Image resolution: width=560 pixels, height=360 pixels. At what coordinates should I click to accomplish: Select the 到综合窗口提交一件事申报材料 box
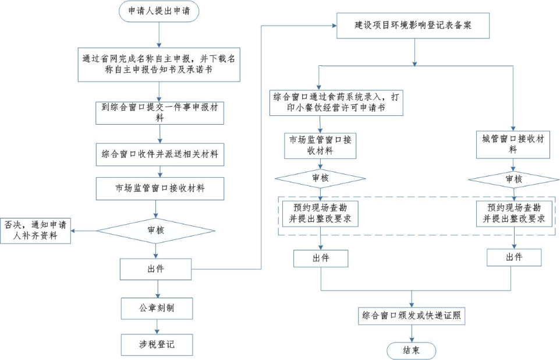pos(160,112)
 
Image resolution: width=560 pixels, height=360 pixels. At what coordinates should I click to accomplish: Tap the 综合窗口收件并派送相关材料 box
pos(160,154)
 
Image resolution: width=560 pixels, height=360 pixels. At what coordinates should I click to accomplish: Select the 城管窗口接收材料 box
pos(513,144)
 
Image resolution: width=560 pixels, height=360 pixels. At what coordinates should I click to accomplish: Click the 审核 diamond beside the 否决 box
pos(156,230)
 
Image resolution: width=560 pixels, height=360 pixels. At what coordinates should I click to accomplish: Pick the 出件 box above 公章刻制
pos(156,269)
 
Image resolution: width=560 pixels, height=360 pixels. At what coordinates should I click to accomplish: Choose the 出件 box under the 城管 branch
pos(514,257)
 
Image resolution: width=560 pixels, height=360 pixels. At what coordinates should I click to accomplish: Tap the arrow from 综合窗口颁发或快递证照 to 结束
pos(412,333)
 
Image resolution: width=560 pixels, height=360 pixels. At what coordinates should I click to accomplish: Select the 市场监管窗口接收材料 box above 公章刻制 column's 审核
pos(160,188)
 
